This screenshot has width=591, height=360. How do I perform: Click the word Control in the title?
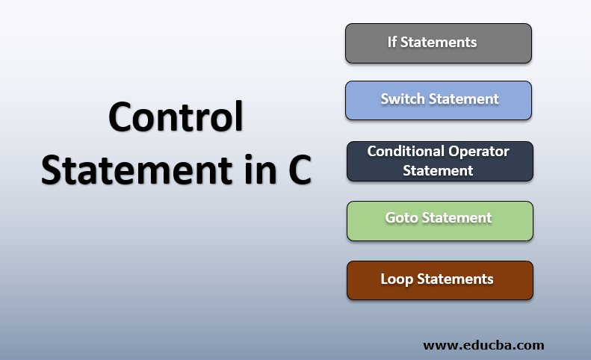(x=176, y=118)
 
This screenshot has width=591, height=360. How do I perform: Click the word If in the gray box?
(x=392, y=43)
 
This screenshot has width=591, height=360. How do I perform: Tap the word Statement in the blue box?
(x=462, y=99)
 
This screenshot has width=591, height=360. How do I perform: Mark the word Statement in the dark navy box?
(x=439, y=170)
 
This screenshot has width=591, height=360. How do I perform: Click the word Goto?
(x=401, y=218)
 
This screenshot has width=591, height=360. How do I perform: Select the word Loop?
(x=397, y=279)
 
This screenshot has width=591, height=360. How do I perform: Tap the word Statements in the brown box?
(x=455, y=279)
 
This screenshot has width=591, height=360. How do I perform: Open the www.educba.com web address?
(x=483, y=345)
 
